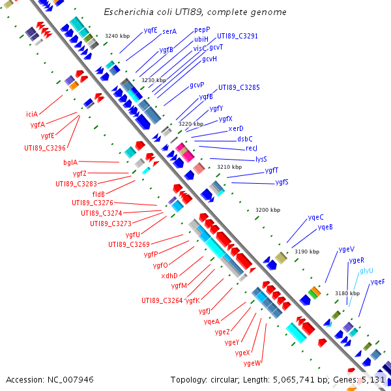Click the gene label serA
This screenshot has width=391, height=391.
[169, 31]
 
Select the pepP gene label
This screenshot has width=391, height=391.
[202, 31]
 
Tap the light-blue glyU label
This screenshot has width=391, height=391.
[366, 270]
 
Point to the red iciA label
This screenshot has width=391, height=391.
[32, 114]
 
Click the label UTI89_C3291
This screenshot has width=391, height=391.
[237, 36]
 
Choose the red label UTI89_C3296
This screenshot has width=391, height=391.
[45, 148]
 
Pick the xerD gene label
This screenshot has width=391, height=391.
[236, 129]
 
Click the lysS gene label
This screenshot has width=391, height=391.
[261, 159]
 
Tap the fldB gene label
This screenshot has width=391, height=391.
[98, 194]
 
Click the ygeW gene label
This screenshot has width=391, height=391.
[252, 363]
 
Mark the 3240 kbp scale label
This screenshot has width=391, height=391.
[117, 36]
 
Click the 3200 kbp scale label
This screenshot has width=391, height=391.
[268, 210]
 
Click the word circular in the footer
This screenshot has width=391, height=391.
[225, 379]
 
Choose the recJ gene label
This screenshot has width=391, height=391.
[252, 149]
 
